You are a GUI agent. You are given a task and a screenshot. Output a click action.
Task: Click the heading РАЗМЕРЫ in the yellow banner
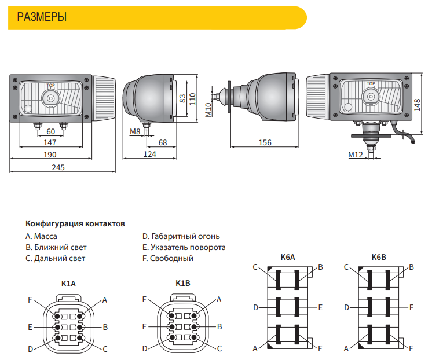(x=42, y=17)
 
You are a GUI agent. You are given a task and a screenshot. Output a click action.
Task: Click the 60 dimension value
(x=50, y=131)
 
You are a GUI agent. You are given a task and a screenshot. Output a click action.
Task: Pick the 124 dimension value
(x=150, y=154)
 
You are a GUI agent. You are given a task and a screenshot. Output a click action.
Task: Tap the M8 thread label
(x=135, y=131)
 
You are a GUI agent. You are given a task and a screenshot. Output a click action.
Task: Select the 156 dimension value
(x=265, y=142)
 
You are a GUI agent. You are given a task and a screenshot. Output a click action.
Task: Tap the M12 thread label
(x=355, y=155)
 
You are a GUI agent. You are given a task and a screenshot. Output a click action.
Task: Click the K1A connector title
(x=68, y=283)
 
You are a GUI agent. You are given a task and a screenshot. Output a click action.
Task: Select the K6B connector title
(x=379, y=256)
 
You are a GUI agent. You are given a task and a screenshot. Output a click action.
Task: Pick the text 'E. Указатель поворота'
(x=184, y=247)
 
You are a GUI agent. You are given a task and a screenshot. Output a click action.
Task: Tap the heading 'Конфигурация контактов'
(x=75, y=223)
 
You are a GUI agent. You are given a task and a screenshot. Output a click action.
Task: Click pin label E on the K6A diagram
(x=320, y=307)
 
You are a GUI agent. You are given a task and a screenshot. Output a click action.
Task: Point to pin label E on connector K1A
(x=30, y=327)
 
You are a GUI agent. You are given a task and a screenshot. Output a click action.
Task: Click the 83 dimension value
(x=182, y=98)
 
